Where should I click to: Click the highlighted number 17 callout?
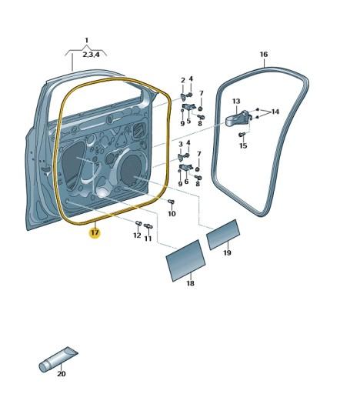(95, 233)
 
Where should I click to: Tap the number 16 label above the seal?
(264, 55)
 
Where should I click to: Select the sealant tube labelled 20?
(58, 359)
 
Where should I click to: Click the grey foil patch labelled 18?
(186, 260)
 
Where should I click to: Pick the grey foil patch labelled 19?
(223, 234)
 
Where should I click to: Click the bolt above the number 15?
(242, 134)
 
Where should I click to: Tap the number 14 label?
(275, 112)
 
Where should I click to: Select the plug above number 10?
(171, 202)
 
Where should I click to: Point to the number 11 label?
(148, 239)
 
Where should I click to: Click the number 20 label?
(62, 374)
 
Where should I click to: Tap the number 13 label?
(236, 101)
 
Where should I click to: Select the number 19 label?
(227, 253)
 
